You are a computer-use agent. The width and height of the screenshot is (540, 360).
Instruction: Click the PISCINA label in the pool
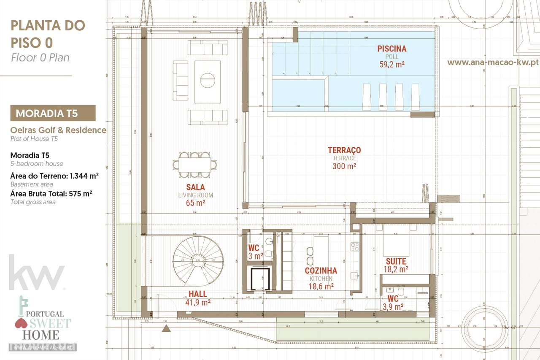click(x=391, y=49)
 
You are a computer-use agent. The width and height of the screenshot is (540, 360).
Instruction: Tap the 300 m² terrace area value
click(x=344, y=166)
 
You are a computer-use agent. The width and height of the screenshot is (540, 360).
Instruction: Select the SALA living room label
click(x=195, y=187)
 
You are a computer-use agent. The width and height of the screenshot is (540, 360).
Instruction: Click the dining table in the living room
click(x=195, y=164)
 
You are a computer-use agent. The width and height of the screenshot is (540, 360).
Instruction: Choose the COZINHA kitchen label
click(x=321, y=271)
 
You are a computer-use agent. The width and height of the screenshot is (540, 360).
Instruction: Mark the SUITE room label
click(x=396, y=262)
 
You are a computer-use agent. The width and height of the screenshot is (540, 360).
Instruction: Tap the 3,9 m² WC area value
click(x=393, y=307)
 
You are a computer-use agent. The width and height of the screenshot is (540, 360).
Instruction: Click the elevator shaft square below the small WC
click(x=260, y=279)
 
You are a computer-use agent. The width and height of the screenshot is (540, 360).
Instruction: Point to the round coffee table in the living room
click(x=207, y=80)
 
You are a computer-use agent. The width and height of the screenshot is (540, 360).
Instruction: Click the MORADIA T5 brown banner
click(x=53, y=113)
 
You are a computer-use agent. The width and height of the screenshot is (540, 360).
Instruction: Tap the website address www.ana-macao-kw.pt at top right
click(x=492, y=62)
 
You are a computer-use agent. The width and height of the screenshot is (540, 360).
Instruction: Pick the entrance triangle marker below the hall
click(x=167, y=328)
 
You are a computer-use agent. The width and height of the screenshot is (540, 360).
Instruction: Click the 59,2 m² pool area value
click(x=391, y=64)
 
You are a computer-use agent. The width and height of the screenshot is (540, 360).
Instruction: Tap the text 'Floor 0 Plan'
click(x=40, y=58)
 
